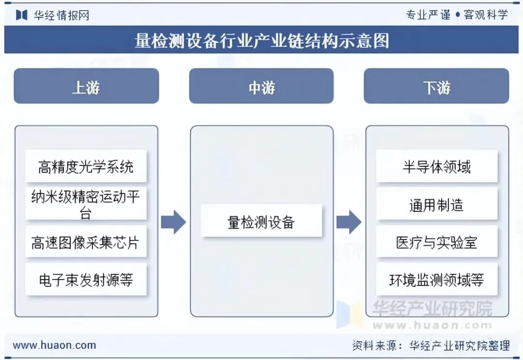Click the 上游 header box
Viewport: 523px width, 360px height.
pos(86,86)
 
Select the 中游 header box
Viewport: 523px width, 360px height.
pos(261,86)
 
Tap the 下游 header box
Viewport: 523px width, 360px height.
pos(436,86)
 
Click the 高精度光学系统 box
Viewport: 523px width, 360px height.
pos(86,166)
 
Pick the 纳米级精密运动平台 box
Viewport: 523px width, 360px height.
pos(86,204)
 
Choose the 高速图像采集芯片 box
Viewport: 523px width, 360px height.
pos(86,241)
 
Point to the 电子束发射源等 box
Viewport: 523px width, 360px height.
pos(86,279)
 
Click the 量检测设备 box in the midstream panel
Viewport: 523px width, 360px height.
pos(261,221)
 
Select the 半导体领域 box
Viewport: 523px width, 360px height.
pos(437,166)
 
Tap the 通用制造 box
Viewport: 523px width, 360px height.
pos(437,204)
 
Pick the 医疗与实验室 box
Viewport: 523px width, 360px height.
pos(437,241)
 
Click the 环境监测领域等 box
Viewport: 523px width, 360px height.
pos(437,279)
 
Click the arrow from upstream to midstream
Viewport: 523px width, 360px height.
pos(173,222)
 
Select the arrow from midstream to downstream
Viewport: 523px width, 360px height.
pos(349,222)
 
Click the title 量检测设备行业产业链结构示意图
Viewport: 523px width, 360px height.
pos(262,41)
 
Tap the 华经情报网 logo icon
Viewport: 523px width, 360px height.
pos(21,15)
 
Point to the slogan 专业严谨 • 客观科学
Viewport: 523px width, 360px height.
pos(457,15)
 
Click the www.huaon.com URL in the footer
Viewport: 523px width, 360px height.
pos(54,345)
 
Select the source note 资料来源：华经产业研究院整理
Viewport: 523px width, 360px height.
pos(431,345)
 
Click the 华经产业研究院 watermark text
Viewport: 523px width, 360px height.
pos(432,308)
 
